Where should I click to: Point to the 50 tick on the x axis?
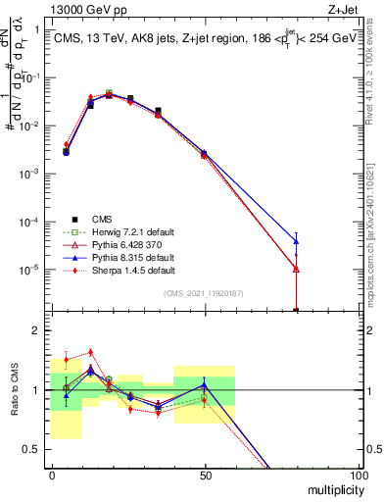tap(205, 475)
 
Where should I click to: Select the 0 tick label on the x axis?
tap(52, 475)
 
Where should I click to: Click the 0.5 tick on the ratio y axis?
tap(37, 449)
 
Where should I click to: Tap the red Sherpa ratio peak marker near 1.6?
tap(91, 352)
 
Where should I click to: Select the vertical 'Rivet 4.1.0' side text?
tap(376, 78)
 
